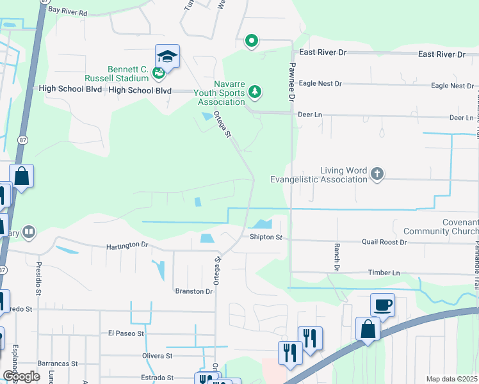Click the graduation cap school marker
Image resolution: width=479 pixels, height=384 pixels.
coord(167,56)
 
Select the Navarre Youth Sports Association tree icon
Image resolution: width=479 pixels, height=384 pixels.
coord(256,92)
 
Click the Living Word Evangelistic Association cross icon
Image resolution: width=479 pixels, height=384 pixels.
coord(377,173)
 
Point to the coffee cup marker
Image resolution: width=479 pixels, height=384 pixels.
coord(382,305)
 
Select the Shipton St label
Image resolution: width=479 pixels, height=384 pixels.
coord(266,237)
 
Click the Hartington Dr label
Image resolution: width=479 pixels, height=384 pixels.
coord(127,245)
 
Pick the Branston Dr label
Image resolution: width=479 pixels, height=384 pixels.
coord(193,291)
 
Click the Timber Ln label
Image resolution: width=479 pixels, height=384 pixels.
coord(384,273)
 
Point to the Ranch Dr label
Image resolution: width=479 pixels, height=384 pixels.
coord(336,256)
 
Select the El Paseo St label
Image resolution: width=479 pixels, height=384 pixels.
coord(126,333)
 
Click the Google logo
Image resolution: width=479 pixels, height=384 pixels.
coord(21,376)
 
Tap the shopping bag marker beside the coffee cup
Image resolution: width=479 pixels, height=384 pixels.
coord(368,330)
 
